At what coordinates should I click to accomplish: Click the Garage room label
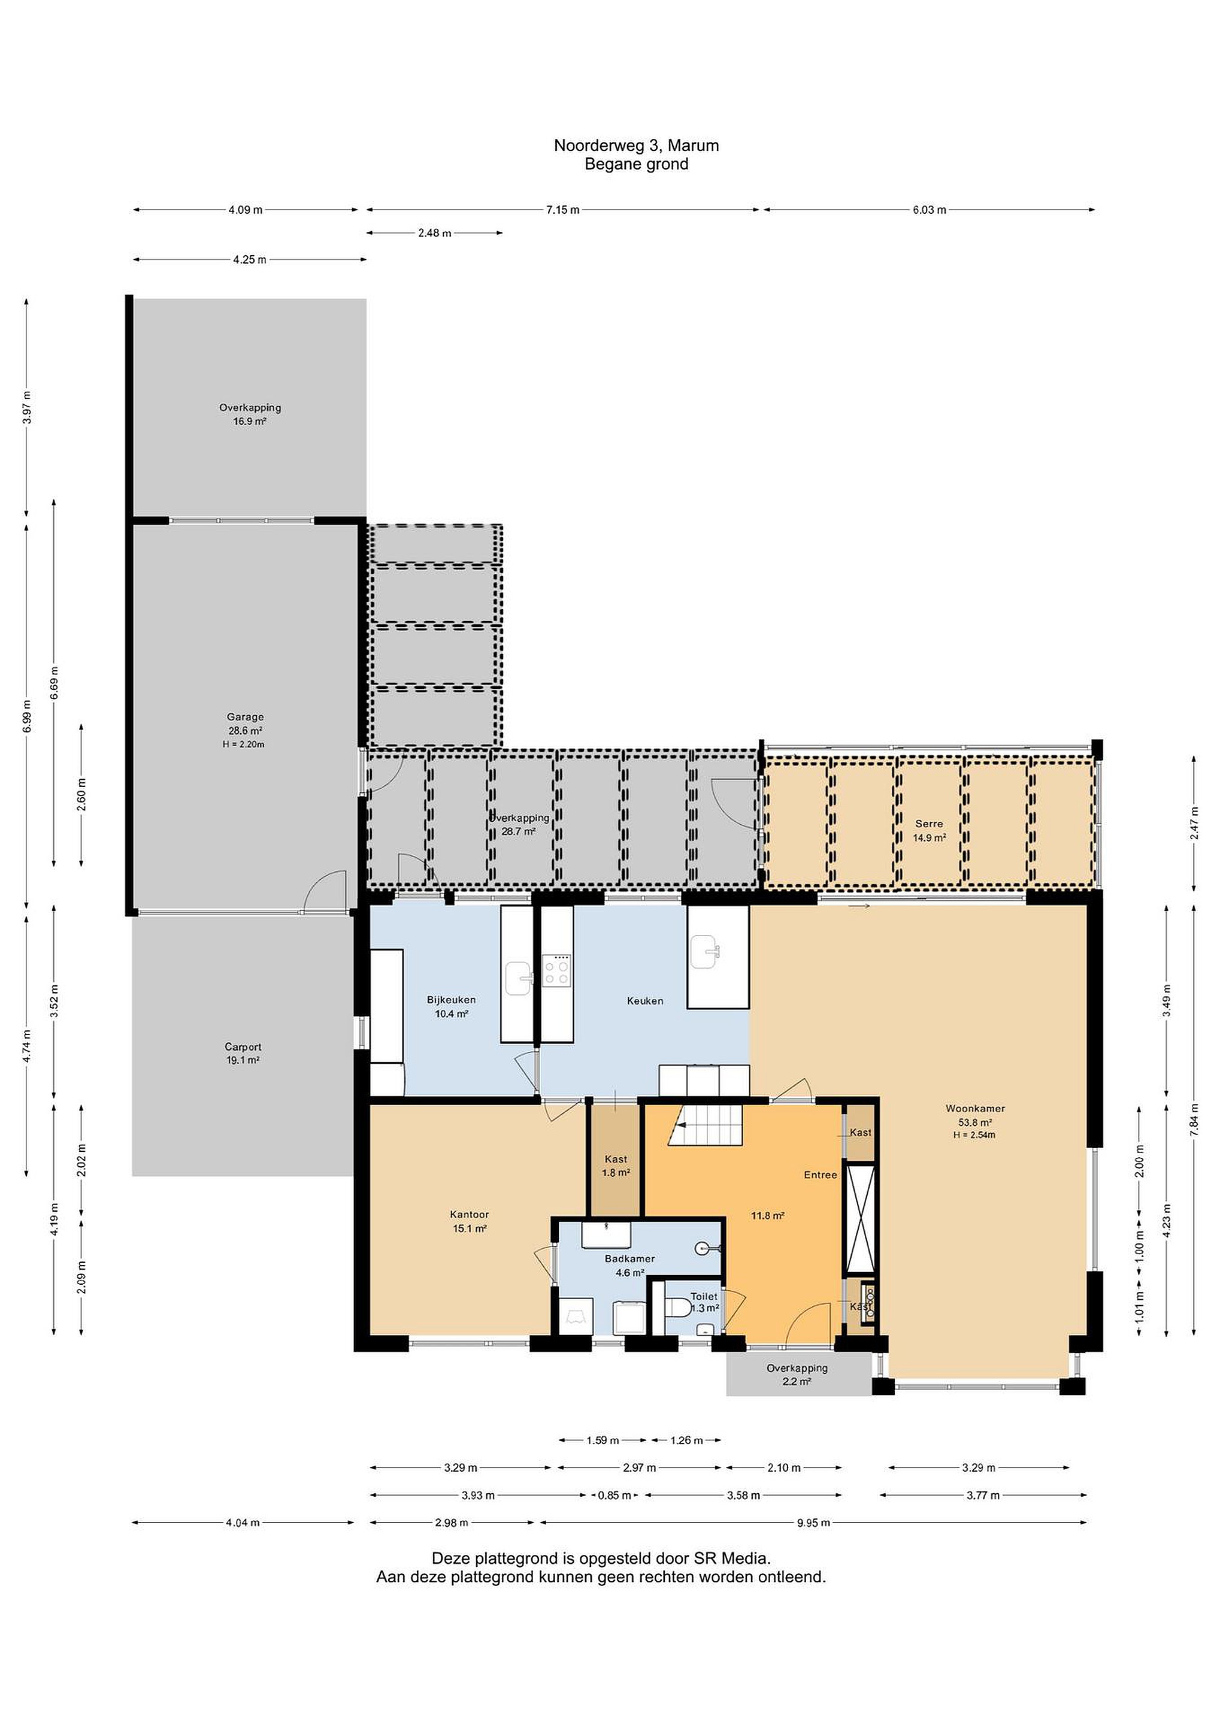(245, 717)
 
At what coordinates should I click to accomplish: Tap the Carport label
(243, 1046)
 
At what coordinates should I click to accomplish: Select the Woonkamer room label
(975, 1108)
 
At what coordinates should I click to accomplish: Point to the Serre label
(930, 824)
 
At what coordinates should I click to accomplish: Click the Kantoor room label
(470, 1214)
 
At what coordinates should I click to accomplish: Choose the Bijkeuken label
(452, 1000)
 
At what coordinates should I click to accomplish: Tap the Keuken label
(645, 1001)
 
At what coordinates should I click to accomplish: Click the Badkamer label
(629, 1258)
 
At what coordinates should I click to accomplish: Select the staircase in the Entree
(707, 1124)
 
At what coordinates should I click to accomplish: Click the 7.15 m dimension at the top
(562, 210)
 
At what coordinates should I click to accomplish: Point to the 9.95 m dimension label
(813, 1523)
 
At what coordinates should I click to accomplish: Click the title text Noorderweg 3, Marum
(636, 146)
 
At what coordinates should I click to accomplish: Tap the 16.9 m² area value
(249, 422)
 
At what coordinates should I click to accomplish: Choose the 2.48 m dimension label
(435, 233)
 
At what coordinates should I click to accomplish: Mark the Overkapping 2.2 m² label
(797, 1375)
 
